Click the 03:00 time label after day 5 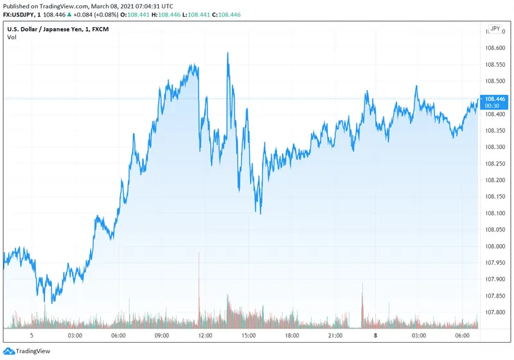click(75, 336)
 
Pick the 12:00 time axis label click(205, 336)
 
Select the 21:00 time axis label click(335, 336)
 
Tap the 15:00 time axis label click(249, 336)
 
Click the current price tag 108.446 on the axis click(494, 99)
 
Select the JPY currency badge click(495, 29)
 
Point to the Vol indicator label click(12, 37)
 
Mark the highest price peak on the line click(228, 53)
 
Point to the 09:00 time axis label click(161, 336)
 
